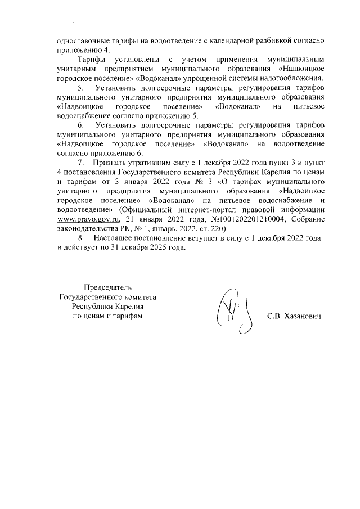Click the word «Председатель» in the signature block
108,288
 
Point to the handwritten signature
231,312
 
